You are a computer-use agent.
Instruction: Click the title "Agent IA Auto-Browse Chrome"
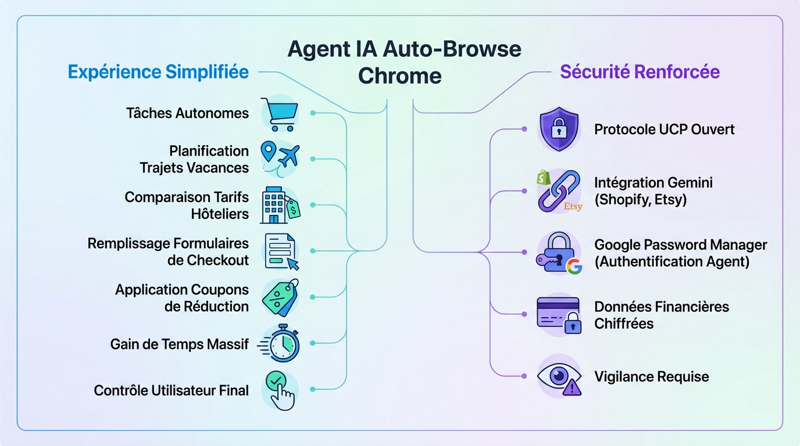(404, 62)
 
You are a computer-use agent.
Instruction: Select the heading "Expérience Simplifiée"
(158, 72)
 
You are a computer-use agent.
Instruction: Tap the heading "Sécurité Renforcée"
(640, 72)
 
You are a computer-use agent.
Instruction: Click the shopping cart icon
(280, 113)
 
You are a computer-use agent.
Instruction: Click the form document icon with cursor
(281, 251)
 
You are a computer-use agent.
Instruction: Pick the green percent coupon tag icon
(280, 297)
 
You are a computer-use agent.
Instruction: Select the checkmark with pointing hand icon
(280, 390)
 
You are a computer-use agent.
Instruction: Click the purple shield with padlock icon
(559, 129)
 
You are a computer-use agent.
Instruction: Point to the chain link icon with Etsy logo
(559, 191)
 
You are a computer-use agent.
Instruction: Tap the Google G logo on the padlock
(574, 267)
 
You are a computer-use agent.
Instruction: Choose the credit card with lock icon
(559, 315)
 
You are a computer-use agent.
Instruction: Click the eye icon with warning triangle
(559, 377)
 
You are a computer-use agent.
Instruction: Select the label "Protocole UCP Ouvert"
(664, 129)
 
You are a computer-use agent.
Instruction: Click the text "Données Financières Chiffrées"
(661, 315)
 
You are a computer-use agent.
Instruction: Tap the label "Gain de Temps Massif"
(179, 344)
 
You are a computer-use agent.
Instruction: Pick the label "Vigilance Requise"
(651, 377)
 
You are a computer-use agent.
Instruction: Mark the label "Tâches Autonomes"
(187, 113)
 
